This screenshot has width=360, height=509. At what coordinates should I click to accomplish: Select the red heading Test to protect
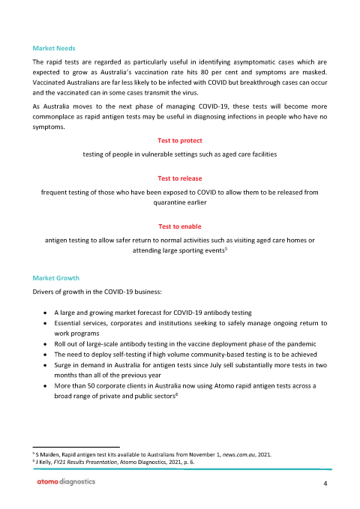pyautogui.click(x=180, y=141)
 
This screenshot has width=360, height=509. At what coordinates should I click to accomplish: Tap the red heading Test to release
pyautogui.click(x=180, y=178)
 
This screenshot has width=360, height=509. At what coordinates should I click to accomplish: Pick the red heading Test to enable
pyautogui.click(x=180, y=226)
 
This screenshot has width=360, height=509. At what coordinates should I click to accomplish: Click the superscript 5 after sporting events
pyautogui.click(x=226, y=250)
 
